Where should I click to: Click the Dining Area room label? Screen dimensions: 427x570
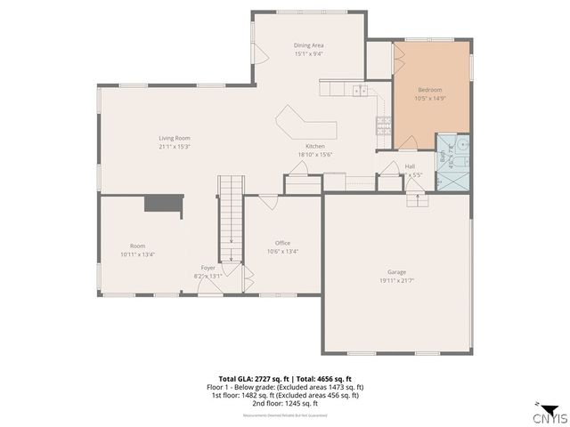point(308,44)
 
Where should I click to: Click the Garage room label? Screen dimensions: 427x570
point(396,272)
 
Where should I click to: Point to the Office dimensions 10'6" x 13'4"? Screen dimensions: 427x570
point(282,251)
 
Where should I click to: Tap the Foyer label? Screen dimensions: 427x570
point(208,267)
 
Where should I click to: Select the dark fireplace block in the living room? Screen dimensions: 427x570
point(164,204)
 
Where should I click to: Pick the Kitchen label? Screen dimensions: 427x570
point(314,146)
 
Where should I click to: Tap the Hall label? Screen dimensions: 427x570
point(410,165)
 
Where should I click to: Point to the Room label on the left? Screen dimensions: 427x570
point(137,246)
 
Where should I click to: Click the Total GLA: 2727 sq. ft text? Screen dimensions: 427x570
point(251,378)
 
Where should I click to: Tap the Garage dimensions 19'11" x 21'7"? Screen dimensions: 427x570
point(396,280)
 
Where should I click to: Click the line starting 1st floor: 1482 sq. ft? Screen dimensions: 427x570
point(285,395)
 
